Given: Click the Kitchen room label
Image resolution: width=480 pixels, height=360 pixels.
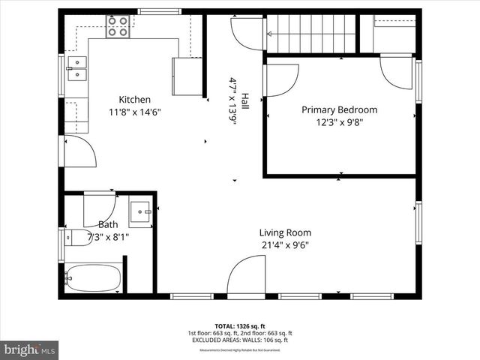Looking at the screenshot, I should (135, 100).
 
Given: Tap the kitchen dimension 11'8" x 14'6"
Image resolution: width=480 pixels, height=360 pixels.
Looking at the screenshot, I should (135, 112).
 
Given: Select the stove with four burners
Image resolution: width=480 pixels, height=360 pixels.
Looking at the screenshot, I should (117, 27).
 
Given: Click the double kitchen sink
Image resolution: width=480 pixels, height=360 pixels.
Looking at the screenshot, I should (76, 68).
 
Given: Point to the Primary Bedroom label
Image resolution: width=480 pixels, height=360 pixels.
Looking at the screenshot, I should (339, 109).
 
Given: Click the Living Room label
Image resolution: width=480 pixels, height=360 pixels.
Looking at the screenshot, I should (285, 232).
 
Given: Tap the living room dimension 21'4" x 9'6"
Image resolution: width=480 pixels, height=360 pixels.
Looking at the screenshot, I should (285, 244).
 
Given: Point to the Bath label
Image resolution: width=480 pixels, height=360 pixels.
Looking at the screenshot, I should (108, 224).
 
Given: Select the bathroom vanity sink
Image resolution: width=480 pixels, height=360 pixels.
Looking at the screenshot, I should (140, 212).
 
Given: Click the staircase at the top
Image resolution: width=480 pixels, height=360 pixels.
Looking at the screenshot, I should (310, 34).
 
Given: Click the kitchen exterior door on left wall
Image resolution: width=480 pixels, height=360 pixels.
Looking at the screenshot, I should (80, 152).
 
